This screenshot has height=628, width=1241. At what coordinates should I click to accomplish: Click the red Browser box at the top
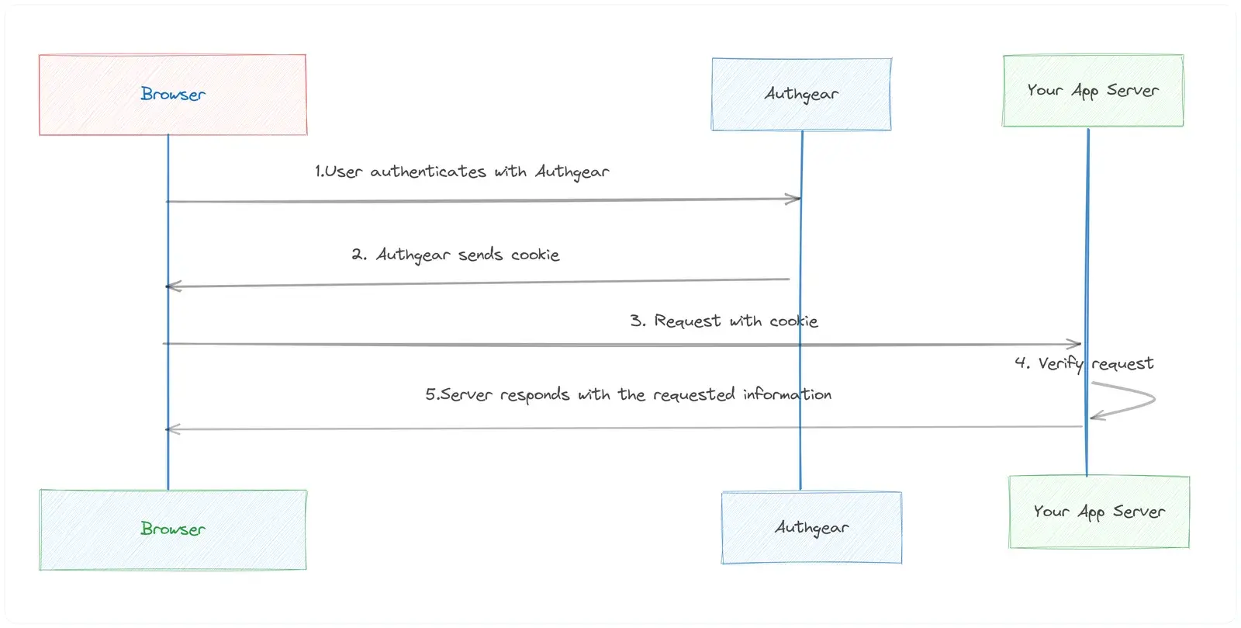(173, 95)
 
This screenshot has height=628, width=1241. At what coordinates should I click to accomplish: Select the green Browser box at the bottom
(173, 529)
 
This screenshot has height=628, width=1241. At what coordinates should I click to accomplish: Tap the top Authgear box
(802, 94)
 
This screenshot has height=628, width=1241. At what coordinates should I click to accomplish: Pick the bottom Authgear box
(811, 528)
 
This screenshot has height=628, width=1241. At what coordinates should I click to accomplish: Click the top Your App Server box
(1093, 90)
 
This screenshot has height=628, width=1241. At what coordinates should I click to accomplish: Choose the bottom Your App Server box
(1099, 512)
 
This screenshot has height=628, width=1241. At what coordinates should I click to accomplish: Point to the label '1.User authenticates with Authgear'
(462, 172)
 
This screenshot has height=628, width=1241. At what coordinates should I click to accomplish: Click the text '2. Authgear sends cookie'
(455, 255)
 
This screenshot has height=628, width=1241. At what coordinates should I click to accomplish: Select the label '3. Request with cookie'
(724, 321)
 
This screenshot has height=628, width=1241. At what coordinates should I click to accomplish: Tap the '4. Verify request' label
(1084, 363)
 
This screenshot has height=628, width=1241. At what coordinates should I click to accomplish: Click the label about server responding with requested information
(628, 394)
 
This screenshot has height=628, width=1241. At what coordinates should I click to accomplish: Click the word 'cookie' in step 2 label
(535, 255)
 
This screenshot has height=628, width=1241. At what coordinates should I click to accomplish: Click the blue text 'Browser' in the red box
(173, 94)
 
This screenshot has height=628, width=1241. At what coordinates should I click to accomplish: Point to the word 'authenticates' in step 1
(427, 172)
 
